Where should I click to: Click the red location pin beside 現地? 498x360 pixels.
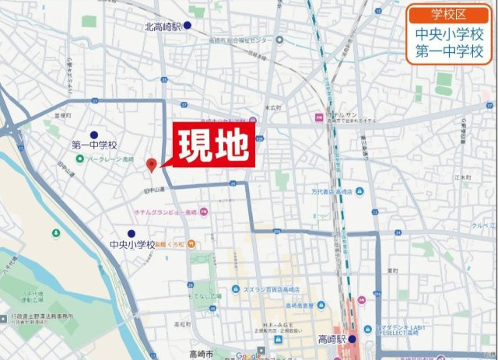(152, 164)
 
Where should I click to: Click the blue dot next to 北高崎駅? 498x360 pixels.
(187, 26)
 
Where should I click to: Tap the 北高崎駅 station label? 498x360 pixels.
(163, 26)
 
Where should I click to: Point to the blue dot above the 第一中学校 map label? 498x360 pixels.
(94, 134)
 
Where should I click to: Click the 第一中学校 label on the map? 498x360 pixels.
(93, 145)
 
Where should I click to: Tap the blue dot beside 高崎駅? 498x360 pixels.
(352, 340)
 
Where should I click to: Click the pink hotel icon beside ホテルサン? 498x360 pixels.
(317, 117)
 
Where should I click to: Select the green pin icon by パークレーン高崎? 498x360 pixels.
(80, 159)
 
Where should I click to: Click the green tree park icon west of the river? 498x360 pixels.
(55, 232)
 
